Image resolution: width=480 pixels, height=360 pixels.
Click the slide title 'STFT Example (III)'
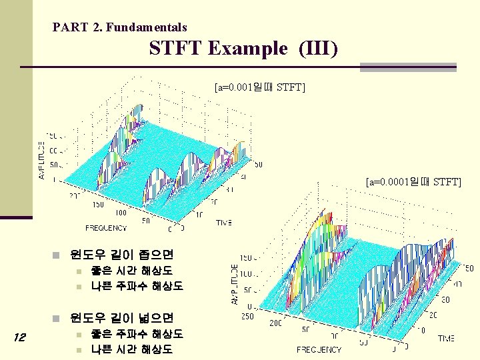point(243,49)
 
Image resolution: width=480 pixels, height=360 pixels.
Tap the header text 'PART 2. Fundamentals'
point(119,27)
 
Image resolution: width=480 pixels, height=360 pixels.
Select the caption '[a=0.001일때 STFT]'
point(259,87)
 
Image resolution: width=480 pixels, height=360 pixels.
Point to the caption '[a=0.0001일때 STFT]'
point(413,181)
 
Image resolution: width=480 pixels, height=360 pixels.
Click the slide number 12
point(19,338)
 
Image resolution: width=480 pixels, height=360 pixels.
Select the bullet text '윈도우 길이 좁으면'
point(121,254)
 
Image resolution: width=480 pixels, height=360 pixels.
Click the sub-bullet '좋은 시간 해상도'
point(131,271)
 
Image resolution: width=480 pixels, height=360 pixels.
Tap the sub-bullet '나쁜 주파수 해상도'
point(137,287)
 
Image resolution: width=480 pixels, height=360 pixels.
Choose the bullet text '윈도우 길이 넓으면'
point(121,317)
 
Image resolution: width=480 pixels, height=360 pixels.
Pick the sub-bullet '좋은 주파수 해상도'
point(137,333)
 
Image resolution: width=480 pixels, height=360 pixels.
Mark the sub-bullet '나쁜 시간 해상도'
point(131,349)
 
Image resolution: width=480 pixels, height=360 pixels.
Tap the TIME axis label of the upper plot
point(224,223)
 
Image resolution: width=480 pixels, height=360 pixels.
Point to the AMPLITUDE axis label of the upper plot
point(43,160)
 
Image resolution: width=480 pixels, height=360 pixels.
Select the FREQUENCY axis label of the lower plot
point(319,349)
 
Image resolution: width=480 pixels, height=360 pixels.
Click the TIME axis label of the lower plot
point(446,339)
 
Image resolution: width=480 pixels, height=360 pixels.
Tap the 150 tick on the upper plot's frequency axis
point(98,205)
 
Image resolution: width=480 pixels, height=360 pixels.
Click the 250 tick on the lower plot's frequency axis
point(248,316)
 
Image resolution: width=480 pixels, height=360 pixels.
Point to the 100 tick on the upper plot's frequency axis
point(121,213)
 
